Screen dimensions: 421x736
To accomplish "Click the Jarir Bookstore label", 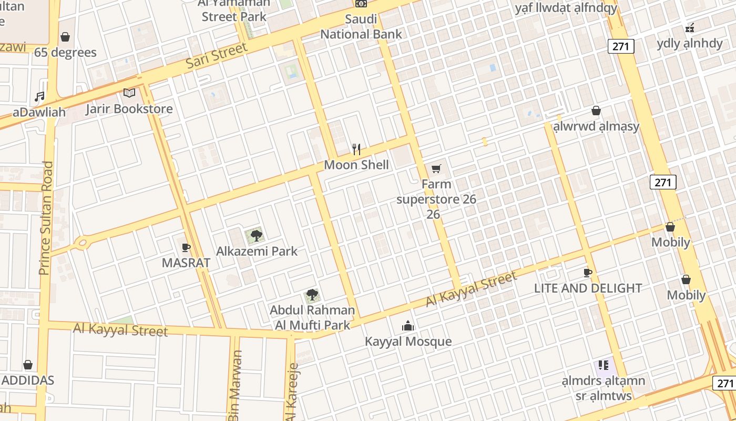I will (129, 109).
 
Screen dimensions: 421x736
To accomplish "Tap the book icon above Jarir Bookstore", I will (129, 93).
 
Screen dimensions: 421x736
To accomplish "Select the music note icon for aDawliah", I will (39, 96).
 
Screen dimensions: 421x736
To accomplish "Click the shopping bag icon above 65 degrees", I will (65, 37).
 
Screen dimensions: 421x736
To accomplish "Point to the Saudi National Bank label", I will (361, 27).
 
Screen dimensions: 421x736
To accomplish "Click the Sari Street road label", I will (217, 56).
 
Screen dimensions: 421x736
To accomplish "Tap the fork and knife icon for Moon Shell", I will (356, 149).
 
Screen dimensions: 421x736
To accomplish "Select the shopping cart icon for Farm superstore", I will (436, 168).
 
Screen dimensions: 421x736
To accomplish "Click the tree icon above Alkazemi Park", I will (256, 235).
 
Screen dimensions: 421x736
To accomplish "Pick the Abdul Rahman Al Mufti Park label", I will (312, 318).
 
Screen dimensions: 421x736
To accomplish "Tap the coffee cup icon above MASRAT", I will (186, 247).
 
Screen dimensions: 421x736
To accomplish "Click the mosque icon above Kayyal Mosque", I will (408, 326).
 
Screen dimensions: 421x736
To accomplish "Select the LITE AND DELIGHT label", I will (588, 288).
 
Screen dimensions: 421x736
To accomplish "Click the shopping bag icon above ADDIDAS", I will (28, 365).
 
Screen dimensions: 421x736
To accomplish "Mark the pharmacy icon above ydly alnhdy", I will (690, 27).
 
